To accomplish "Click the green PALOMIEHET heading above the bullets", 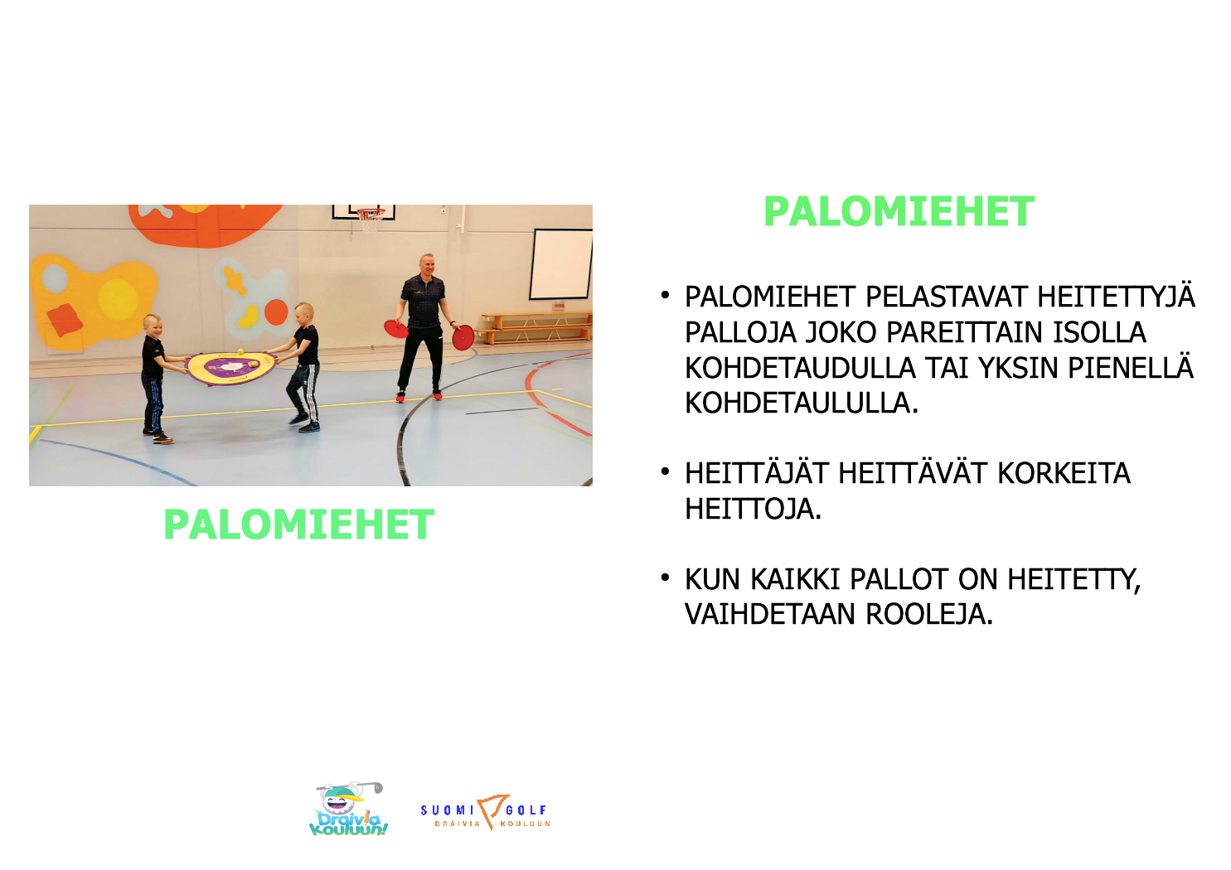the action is click(899, 211).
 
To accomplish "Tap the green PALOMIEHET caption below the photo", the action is click(299, 524).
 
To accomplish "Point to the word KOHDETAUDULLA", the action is click(800, 368).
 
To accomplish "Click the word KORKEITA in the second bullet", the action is click(1064, 473).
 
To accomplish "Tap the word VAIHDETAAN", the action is click(770, 614).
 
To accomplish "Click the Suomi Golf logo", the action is click(486, 812).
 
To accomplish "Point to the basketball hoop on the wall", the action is click(370, 219).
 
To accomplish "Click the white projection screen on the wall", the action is click(560, 264).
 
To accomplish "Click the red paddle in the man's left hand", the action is click(463, 336).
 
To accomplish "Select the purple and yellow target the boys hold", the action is click(230, 367).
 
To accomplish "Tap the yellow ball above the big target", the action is click(240, 351).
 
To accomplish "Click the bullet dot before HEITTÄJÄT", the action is click(666, 471).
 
